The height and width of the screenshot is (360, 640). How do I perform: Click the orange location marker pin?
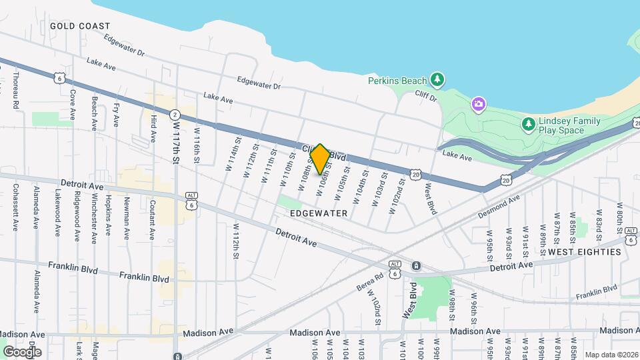point(320,159)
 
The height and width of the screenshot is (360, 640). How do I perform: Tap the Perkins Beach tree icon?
point(437,80)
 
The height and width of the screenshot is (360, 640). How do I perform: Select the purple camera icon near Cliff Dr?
point(478,104)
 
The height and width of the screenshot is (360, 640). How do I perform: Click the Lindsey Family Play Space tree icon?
point(528,125)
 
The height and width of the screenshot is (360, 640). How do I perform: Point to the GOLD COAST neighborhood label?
point(80,26)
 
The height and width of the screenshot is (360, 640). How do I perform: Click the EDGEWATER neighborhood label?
point(319,213)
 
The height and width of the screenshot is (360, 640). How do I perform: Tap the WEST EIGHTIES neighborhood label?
point(584,252)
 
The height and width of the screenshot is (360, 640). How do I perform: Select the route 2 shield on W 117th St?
point(175,114)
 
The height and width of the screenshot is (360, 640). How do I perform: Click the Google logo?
point(22,351)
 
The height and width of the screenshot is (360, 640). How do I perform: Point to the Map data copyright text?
point(611,355)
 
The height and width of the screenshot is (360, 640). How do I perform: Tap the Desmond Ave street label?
point(499,207)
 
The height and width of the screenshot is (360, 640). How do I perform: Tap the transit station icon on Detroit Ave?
point(416,266)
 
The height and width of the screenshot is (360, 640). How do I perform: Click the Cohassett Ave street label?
point(15,209)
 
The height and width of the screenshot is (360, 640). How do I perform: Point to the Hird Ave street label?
point(153,128)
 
